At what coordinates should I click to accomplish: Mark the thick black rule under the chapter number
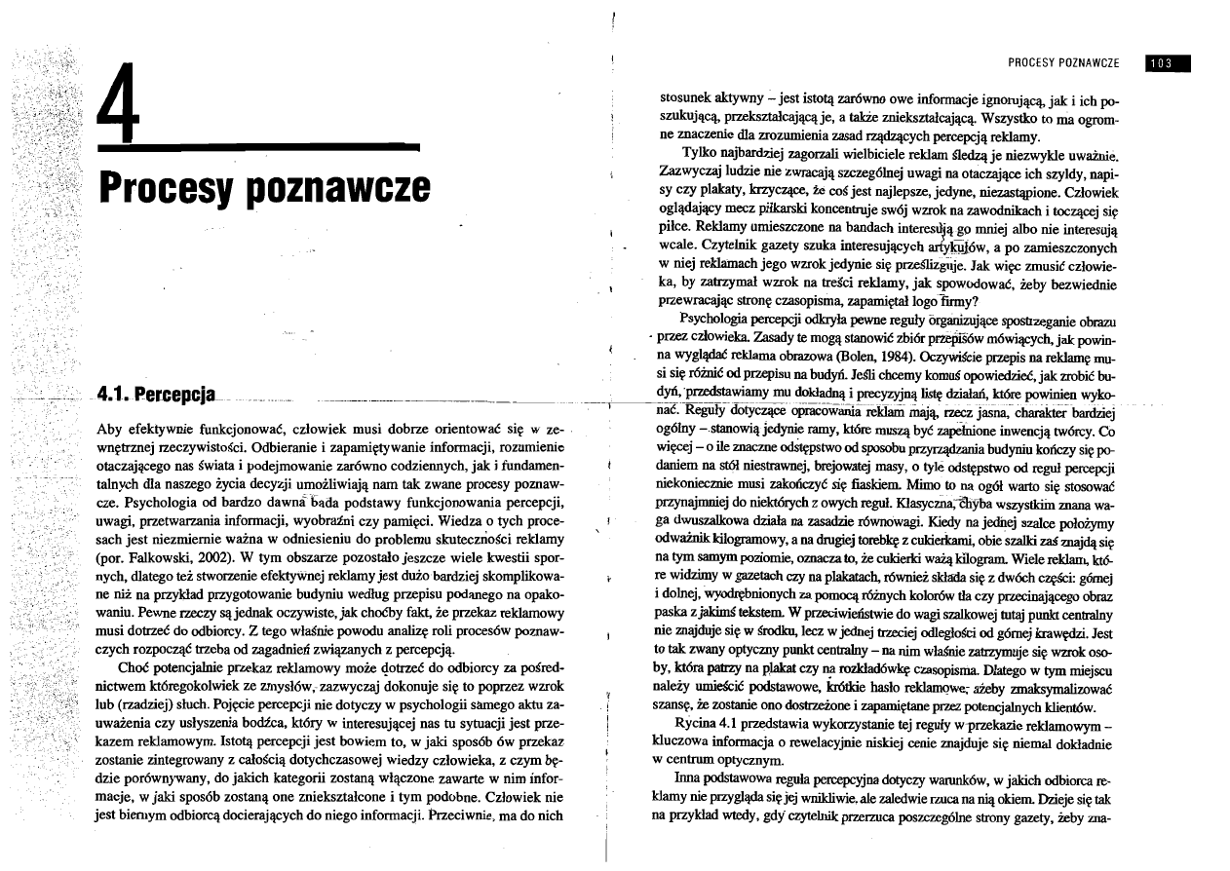(258, 148)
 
